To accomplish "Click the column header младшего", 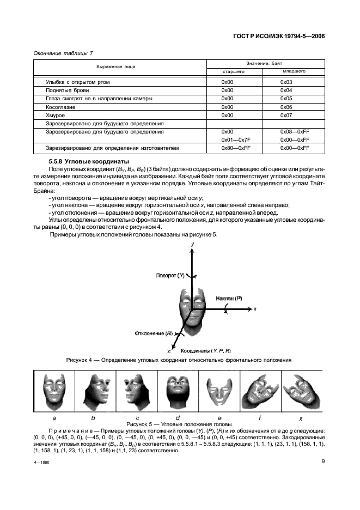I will click(x=294, y=71).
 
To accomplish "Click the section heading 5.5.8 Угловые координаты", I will click(x=85, y=162).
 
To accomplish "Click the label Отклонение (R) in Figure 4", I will click(x=154, y=332).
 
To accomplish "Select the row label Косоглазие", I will click(x=59, y=107).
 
